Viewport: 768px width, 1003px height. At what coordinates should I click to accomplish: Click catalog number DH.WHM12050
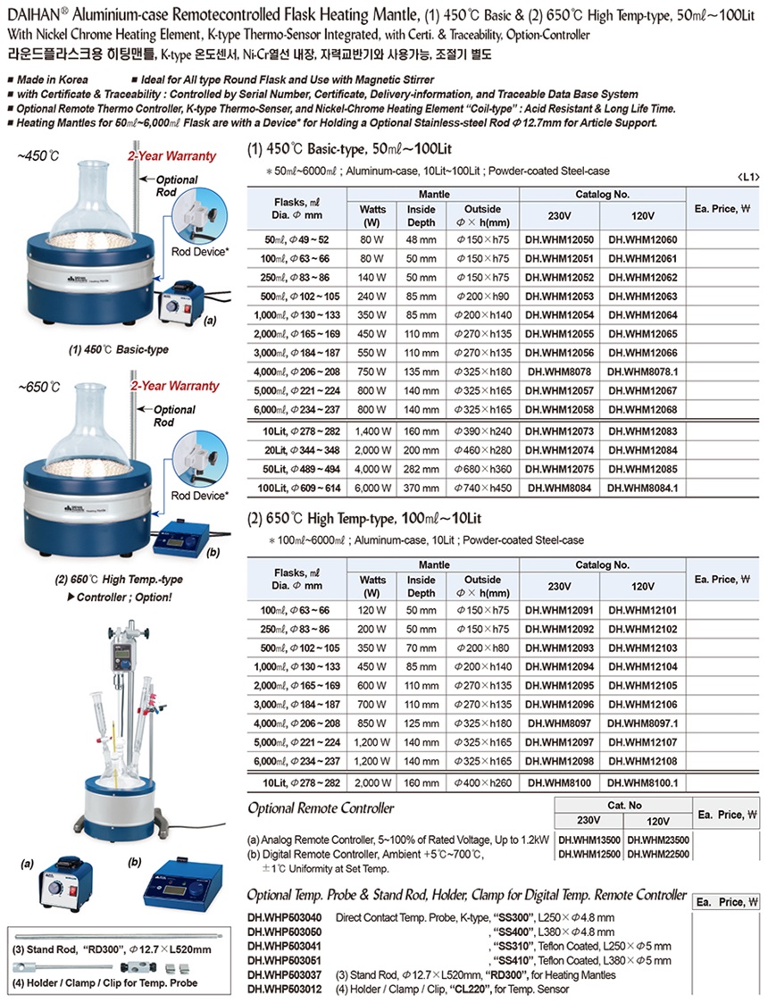click(x=560, y=240)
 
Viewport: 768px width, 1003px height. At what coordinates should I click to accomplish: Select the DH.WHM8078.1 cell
click(x=643, y=372)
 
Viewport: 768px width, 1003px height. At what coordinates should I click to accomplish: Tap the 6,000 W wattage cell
click(x=372, y=488)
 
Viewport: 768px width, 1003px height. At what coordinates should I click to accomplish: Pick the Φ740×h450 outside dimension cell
click(x=483, y=488)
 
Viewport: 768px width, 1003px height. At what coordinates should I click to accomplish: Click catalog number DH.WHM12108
click(x=643, y=761)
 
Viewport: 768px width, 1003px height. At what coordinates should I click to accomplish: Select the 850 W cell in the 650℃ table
click(x=372, y=723)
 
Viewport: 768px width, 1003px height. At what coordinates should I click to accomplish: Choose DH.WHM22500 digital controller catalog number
click(x=658, y=854)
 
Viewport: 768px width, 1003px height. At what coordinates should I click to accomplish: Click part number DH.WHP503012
click(x=285, y=990)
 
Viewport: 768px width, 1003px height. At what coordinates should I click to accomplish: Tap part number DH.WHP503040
click(x=285, y=918)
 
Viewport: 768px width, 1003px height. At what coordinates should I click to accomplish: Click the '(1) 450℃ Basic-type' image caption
click(x=118, y=350)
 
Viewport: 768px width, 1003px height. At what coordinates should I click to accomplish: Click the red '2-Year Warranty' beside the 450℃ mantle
click(x=172, y=156)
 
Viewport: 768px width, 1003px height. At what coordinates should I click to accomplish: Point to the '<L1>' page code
click(x=747, y=177)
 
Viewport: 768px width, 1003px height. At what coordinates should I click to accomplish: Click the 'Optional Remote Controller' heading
click(x=321, y=808)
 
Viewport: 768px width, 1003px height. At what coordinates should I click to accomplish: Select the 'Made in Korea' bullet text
click(x=53, y=80)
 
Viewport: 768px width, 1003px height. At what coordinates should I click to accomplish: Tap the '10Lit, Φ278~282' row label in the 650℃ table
click(x=301, y=783)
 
